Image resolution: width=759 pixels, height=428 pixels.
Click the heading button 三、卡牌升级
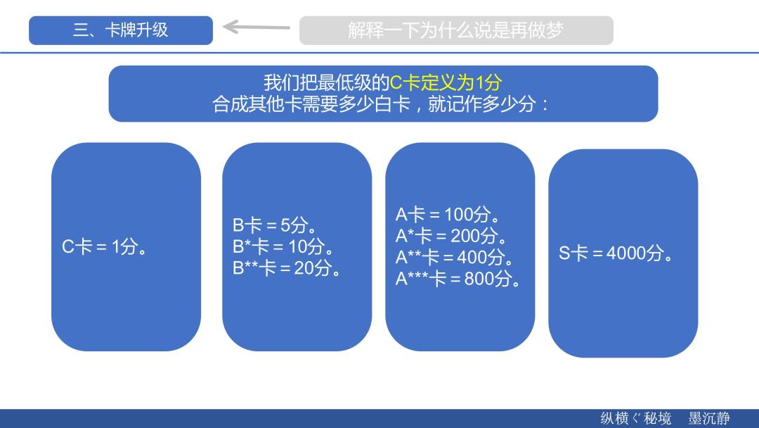pos(121,30)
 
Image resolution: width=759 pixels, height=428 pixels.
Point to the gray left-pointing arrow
pos(256,27)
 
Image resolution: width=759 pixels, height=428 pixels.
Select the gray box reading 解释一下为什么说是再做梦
pos(456,30)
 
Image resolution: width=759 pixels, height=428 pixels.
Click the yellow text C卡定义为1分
pos(446,83)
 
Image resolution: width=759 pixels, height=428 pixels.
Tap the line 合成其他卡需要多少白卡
pos(311,103)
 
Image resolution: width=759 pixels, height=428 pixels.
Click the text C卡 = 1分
pos(104,246)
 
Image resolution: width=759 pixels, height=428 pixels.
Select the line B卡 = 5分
pos(275,225)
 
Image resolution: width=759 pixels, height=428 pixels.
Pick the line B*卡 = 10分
pos(283,246)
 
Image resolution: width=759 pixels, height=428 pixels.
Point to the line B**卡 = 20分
pos(287,267)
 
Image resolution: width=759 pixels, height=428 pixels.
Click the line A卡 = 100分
pos(448,214)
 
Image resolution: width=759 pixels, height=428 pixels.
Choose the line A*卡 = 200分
pos(451,236)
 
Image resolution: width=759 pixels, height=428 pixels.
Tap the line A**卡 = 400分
pos(455,257)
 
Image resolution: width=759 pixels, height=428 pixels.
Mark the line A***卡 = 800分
pos(458,278)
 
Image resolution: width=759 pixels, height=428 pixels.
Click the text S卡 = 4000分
pos(616,253)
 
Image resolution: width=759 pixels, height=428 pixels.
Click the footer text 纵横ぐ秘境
pos(636,418)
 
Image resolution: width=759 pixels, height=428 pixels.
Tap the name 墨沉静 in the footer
pos(709,418)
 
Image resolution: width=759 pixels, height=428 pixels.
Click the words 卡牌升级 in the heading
pos(136,30)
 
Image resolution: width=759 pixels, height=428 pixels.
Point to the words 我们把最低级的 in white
pos(327,83)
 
